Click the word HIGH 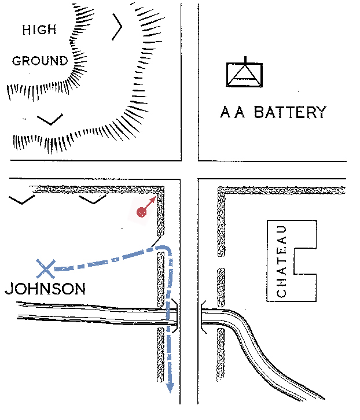click(x=39, y=30)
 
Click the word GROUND click(x=40, y=61)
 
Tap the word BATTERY click(x=290, y=112)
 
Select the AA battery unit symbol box click(x=244, y=75)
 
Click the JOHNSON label click(x=45, y=289)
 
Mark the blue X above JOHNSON click(x=46, y=268)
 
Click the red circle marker click(x=141, y=212)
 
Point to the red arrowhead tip click(x=156, y=197)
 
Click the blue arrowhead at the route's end click(x=170, y=388)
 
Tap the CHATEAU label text click(x=281, y=261)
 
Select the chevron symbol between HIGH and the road click(x=117, y=27)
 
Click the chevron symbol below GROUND click(x=50, y=120)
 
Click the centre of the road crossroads click(x=189, y=170)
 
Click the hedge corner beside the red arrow click(x=160, y=190)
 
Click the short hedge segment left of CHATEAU click(x=221, y=288)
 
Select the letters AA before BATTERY click(x=233, y=112)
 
